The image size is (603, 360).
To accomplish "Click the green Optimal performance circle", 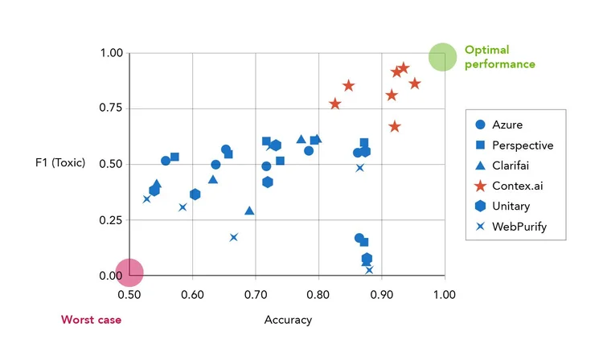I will [x=441, y=57].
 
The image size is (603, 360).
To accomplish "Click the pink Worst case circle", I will [x=129, y=272].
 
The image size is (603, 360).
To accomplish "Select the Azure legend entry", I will [x=507, y=125].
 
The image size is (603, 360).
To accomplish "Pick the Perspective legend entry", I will [x=522, y=145].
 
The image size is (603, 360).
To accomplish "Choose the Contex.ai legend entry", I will [x=515, y=186].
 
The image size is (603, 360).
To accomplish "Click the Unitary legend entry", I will [x=511, y=207].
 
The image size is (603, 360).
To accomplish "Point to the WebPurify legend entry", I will [x=519, y=227].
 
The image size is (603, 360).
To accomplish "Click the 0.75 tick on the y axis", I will [x=112, y=108].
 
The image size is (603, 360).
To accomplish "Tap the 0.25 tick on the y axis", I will [x=112, y=220].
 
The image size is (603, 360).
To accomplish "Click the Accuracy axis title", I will [x=288, y=320].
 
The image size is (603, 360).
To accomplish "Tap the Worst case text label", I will [x=91, y=320].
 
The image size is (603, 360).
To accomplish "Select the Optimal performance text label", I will [x=499, y=57].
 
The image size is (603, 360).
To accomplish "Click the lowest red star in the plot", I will [x=395, y=126].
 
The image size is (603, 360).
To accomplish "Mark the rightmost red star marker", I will [x=415, y=84].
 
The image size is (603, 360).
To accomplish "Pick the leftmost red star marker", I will [x=335, y=104].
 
